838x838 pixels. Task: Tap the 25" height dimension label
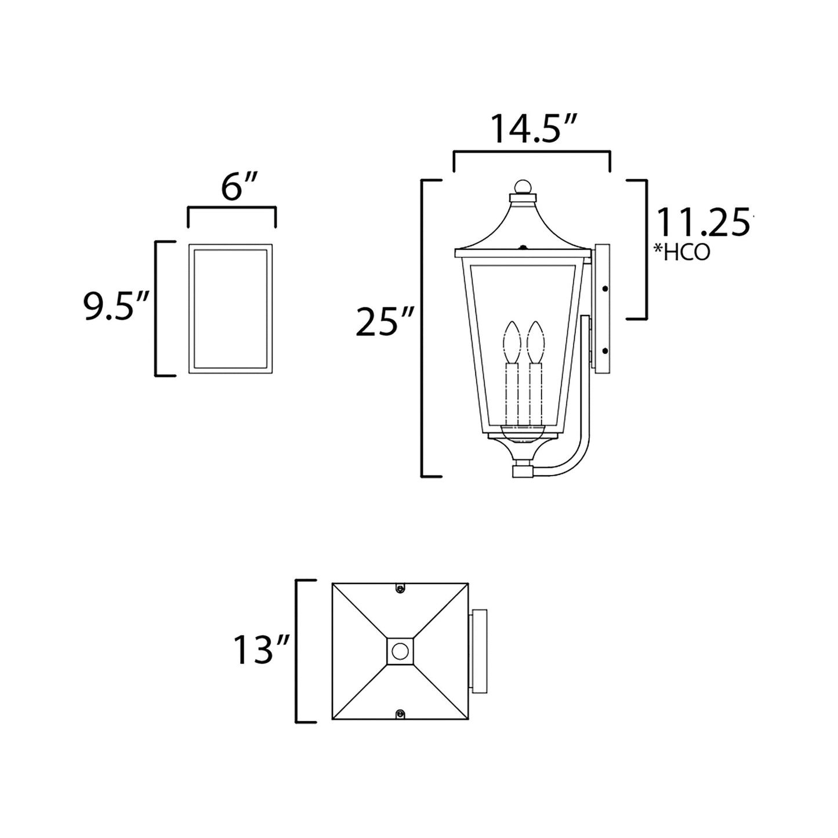pos(384,322)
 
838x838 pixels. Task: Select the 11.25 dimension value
pos(702,222)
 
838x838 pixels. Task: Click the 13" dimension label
pos(261,650)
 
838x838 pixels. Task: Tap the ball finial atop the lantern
pos(523,187)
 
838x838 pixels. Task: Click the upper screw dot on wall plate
pos(605,288)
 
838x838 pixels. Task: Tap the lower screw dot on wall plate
pos(605,350)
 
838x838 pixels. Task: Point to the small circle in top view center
pos(400,651)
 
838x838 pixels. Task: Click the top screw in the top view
pos(400,589)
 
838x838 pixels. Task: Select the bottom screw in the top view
pos(400,713)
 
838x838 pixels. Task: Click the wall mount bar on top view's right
pos(479,651)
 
